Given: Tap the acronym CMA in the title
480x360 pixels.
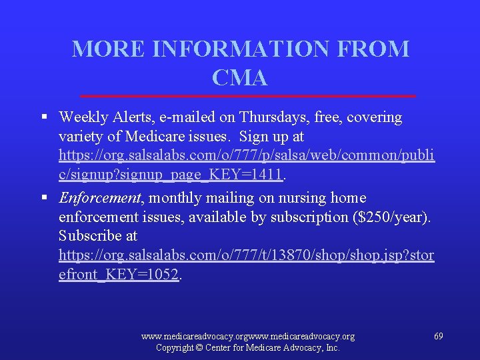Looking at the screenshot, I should (240, 78).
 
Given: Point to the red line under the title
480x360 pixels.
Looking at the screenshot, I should (247, 96).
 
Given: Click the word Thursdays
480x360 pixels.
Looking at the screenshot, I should (274, 117).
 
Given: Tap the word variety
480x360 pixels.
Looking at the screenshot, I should (80, 137).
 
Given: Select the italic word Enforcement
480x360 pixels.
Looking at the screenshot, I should (100, 198).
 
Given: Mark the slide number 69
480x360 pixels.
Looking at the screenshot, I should (438, 337).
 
